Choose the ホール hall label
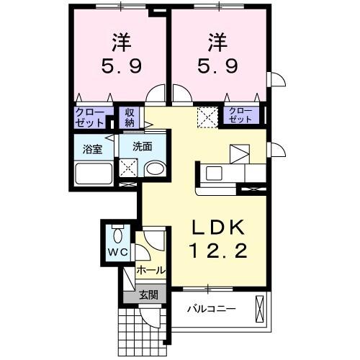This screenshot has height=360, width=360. (150, 270)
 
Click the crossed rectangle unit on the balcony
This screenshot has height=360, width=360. (260, 310)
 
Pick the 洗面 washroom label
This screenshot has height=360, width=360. (142, 147)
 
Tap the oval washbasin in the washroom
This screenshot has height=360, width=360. (153, 168)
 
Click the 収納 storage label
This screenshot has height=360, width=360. (130, 116)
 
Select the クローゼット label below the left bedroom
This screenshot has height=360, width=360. (90, 116)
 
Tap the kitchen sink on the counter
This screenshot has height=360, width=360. (215, 174)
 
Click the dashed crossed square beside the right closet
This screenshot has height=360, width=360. (207, 115)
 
